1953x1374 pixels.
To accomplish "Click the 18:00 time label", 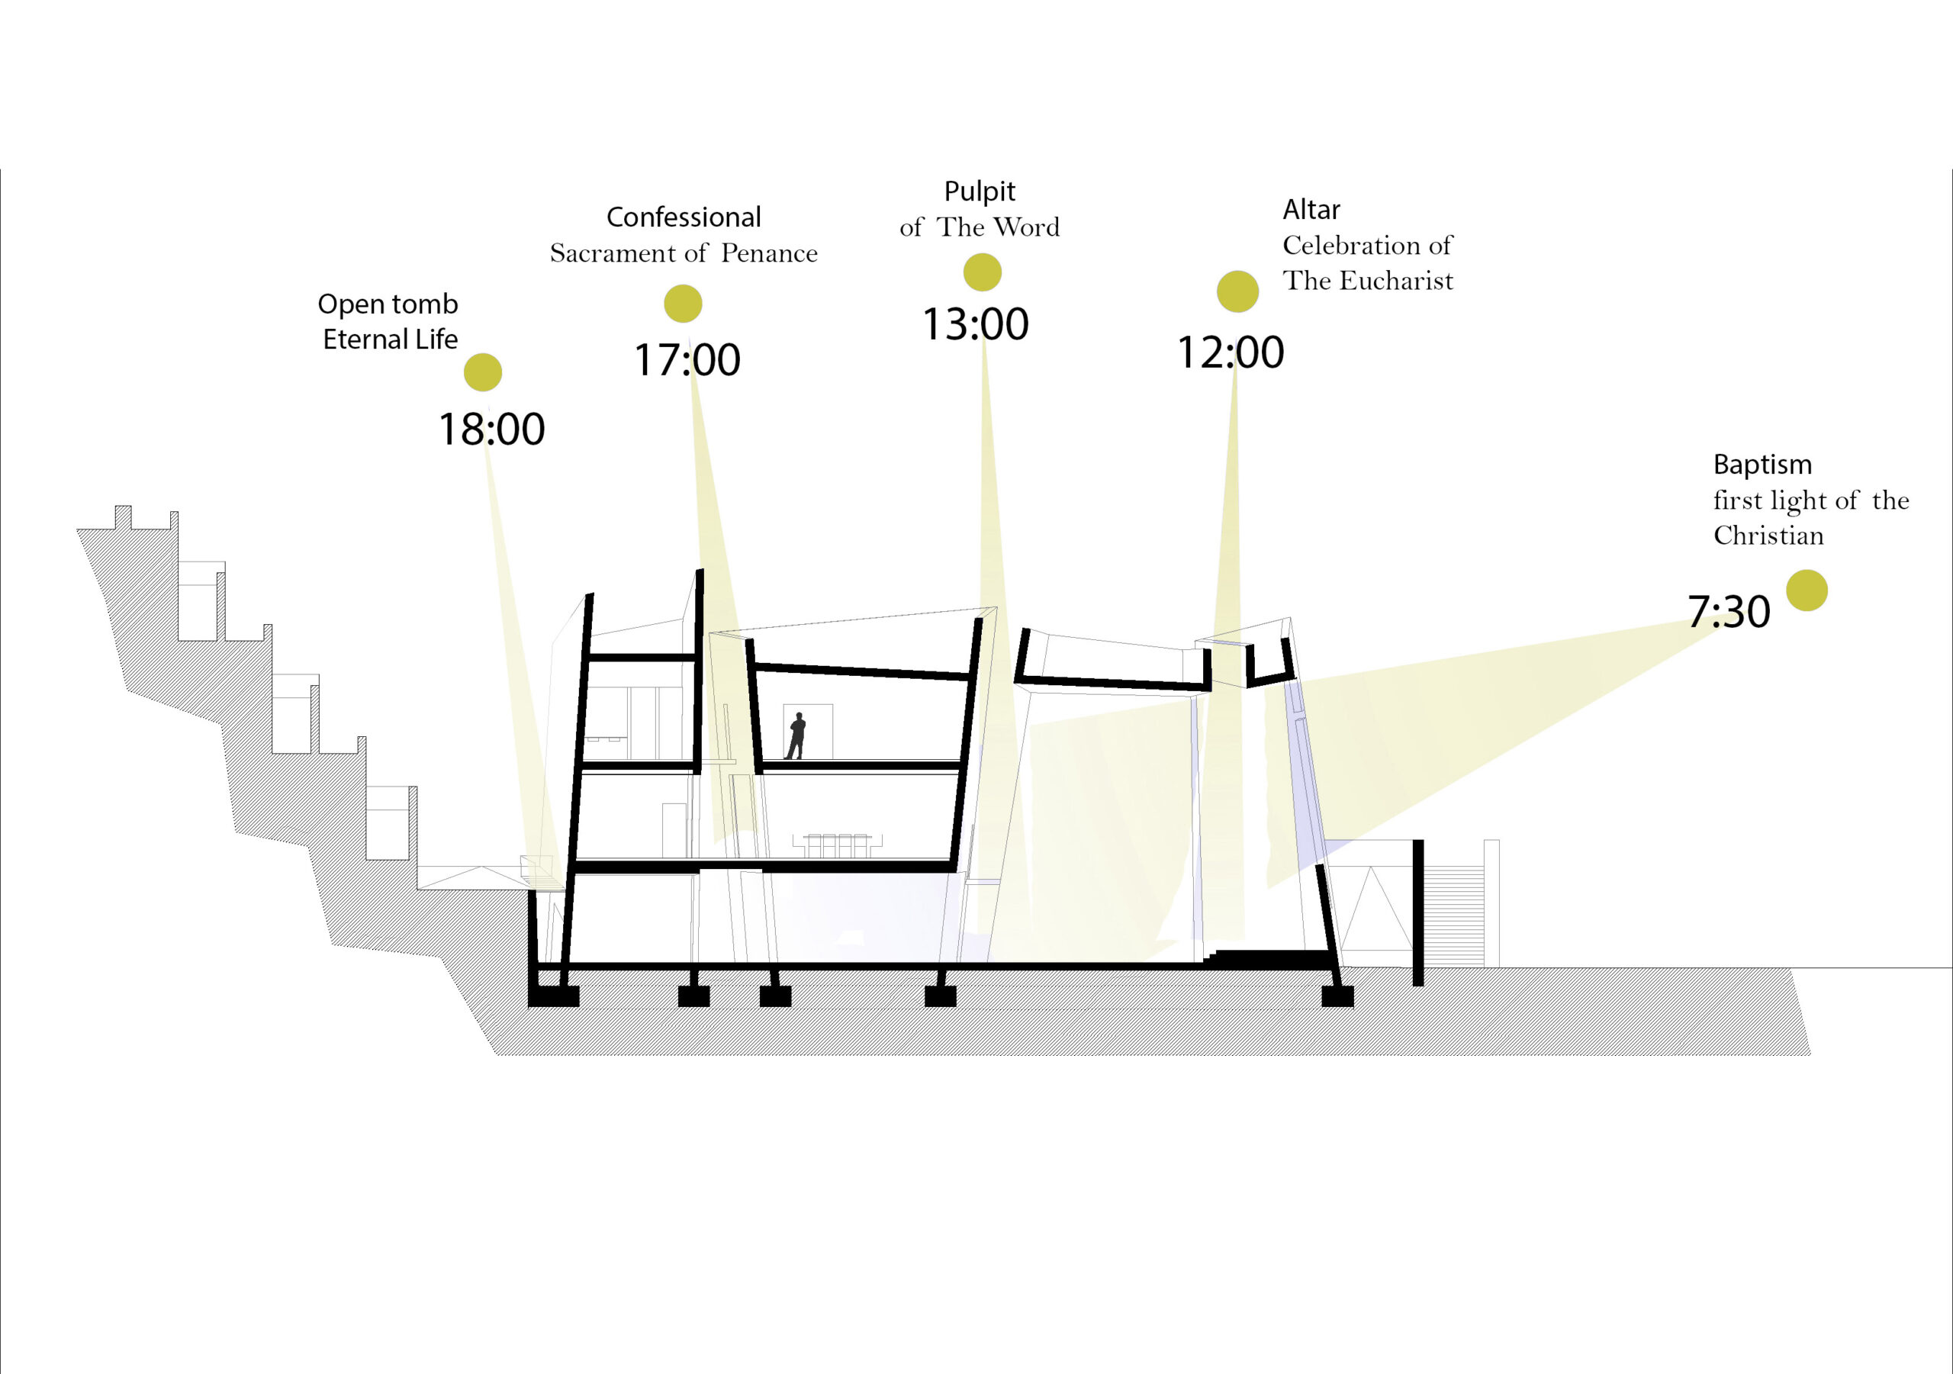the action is pyautogui.click(x=491, y=429).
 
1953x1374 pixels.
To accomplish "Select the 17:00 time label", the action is pyautogui.click(x=687, y=360).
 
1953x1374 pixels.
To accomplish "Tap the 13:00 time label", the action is pyautogui.click(x=976, y=324).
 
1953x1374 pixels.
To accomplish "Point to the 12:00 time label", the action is pyautogui.click(x=1230, y=352).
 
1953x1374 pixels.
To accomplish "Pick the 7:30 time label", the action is pyautogui.click(x=1729, y=612).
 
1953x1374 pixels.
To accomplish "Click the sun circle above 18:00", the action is pyautogui.click(x=483, y=372).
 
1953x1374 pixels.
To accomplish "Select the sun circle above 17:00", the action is pyautogui.click(x=683, y=304).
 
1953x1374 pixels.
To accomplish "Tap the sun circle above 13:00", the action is pyautogui.click(x=983, y=272).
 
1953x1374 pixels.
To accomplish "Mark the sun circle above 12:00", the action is pyautogui.click(x=1237, y=292).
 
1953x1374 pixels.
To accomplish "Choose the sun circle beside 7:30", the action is pyautogui.click(x=1807, y=590).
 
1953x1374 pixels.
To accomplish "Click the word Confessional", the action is pyautogui.click(x=684, y=217).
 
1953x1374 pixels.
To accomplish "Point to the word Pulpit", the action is pyautogui.click(x=980, y=192).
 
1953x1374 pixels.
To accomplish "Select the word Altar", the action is pyautogui.click(x=1311, y=209).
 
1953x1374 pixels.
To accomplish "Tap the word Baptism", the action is pyautogui.click(x=1762, y=465).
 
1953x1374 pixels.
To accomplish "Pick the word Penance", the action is pyautogui.click(x=769, y=253).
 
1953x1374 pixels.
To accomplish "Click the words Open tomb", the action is pyautogui.click(x=388, y=304).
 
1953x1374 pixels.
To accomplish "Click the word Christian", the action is pyautogui.click(x=1768, y=536).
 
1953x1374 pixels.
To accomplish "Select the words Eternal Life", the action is pyautogui.click(x=391, y=339).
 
